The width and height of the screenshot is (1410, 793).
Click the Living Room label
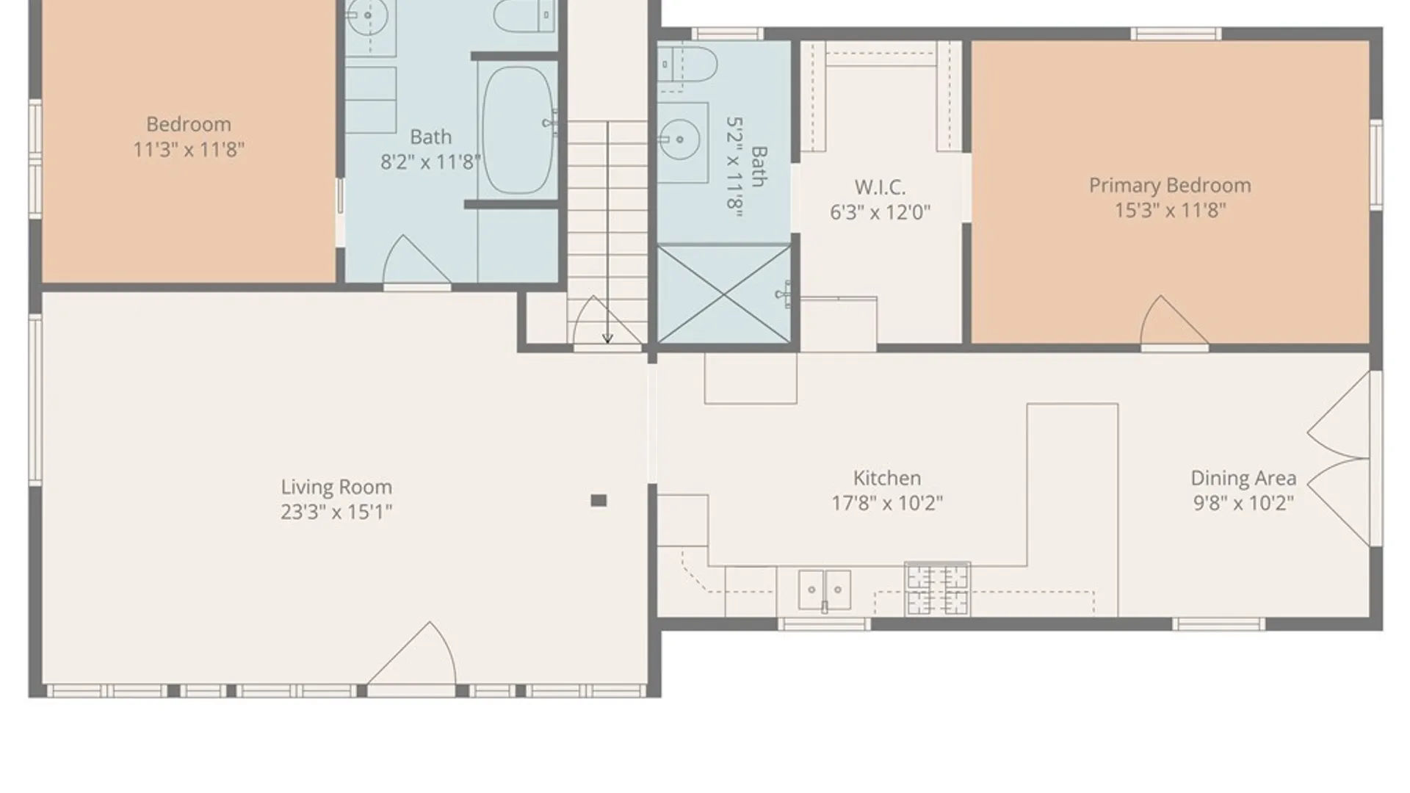click(x=336, y=487)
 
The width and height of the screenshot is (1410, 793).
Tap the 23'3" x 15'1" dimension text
click(x=336, y=512)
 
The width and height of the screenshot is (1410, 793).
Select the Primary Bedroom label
click(x=1170, y=186)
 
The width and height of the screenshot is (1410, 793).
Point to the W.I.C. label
click(x=880, y=187)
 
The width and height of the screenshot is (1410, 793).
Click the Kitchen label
click(x=886, y=478)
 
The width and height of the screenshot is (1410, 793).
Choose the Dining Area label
click(x=1243, y=479)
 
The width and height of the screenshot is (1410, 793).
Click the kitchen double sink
click(x=825, y=590)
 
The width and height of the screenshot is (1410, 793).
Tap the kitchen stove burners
click(x=937, y=589)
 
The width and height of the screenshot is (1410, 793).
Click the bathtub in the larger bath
click(x=518, y=131)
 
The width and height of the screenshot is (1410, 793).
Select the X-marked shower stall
click(x=724, y=294)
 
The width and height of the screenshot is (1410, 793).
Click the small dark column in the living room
click(x=599, y=501)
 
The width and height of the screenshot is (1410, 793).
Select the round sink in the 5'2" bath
click(x=679, y=138)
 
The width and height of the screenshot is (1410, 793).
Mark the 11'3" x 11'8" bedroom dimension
click(x=189, y=150)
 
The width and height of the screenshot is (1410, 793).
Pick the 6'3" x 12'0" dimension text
click(x=880, y=212)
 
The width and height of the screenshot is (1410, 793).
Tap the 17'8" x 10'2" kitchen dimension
click(x=887, y=503)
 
